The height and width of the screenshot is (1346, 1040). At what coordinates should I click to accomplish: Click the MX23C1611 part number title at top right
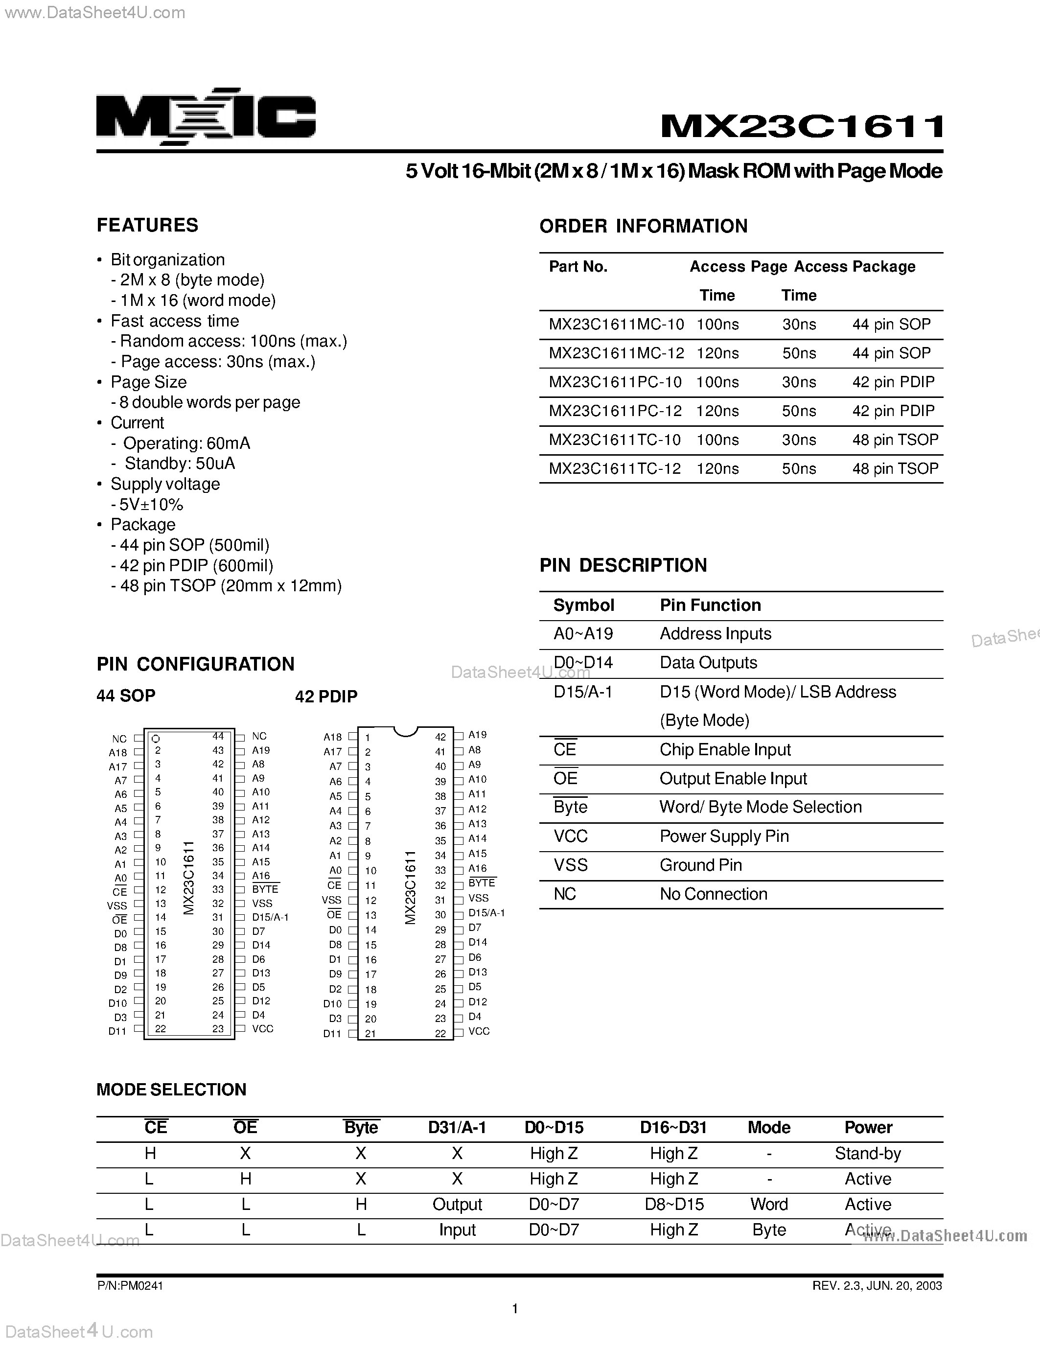coord(802,126)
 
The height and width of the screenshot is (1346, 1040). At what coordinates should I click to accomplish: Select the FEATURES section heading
coord(147,226)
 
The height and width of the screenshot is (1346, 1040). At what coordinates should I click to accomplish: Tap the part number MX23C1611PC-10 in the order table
coord(615,382)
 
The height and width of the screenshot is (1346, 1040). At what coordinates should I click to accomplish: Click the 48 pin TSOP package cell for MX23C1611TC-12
coord(895,468)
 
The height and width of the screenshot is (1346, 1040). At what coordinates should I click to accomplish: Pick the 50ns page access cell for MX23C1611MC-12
coord(799,353)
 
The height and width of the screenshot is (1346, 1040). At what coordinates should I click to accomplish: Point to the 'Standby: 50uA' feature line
coord(179,464)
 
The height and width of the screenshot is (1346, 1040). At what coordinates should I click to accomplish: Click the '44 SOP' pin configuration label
coord(126,696)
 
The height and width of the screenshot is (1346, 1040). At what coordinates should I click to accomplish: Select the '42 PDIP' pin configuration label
coord(326,696)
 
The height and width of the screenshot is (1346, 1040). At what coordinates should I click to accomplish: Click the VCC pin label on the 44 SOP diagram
coord(262,1029)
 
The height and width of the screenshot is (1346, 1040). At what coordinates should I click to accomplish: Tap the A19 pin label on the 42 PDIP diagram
coord(478,735)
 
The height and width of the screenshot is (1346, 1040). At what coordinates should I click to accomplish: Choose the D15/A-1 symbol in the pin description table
coord(583,692)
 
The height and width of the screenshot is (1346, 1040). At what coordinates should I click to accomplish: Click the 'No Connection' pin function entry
coord(714,894)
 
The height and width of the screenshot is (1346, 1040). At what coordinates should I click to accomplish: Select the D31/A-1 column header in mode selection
coord(457,1127)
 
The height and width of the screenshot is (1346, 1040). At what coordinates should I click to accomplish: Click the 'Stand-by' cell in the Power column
coord(868,1153)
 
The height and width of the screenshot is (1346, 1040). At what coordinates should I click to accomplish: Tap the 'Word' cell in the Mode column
coord(769,1204)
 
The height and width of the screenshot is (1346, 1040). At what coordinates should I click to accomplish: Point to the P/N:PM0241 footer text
coord(130,1286)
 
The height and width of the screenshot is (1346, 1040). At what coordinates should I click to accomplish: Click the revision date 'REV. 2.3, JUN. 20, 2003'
coord(877,1286)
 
